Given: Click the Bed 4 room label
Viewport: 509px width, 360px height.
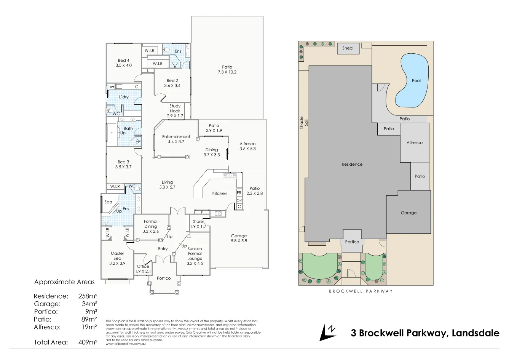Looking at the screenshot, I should [x=123, y=63].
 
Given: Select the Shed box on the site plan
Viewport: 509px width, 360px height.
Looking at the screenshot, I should [x=348, y=48].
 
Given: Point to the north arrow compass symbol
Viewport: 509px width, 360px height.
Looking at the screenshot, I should [x=327, y=332].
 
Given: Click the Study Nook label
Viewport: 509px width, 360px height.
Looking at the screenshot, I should [x=175, y=111].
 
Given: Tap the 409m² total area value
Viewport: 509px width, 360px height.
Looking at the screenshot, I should [x=88, y=342].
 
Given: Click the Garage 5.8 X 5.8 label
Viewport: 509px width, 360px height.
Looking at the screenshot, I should [x=239, y=238].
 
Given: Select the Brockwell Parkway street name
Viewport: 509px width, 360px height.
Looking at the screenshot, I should [x=360, y=291].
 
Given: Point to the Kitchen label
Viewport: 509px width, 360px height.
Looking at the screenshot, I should [x=220, y=194].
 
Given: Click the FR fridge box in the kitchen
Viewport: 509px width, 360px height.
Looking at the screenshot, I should [x=239, y=193].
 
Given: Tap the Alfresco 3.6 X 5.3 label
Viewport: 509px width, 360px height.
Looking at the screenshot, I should [x=247, y=146].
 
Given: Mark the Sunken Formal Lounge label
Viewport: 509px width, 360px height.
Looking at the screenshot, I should [x=195, y=256].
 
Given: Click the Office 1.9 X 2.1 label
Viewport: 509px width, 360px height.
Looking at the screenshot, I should [x=143, y=269].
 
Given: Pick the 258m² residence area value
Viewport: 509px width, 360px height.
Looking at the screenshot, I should [x=88, y=296].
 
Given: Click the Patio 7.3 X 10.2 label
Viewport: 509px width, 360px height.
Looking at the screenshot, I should [x=227, y=69].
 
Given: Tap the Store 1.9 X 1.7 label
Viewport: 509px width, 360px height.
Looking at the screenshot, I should [x=198, y=224].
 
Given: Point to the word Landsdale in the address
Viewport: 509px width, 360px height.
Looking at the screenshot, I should [x=475, y=333].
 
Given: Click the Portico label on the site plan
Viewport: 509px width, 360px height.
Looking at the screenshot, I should [x=352, y=242].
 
